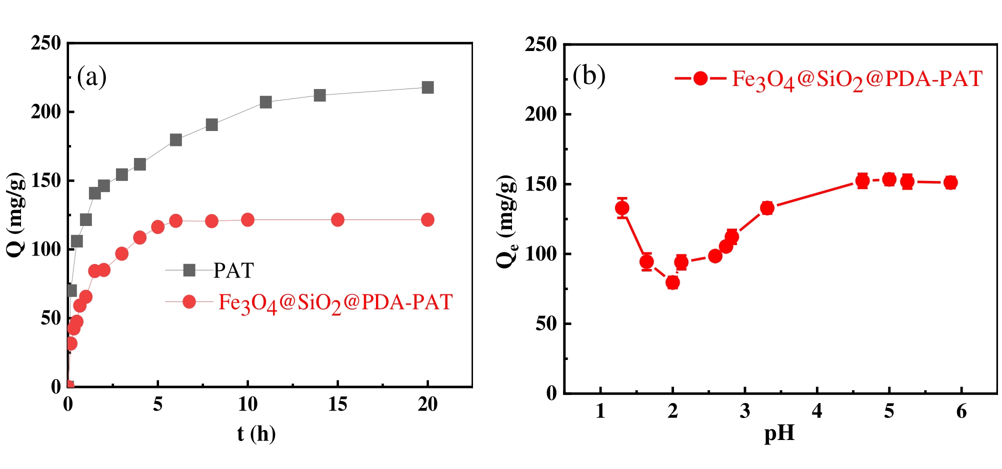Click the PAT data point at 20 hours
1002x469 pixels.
point(427,87)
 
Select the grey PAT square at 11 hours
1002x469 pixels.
point(265,102)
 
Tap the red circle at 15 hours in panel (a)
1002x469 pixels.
point(337,219)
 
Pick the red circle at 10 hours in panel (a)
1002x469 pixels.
point(247,219)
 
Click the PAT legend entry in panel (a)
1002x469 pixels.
point(233,270)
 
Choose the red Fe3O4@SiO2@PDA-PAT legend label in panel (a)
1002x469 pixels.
point(335,302)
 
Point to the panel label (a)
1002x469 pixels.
point(91,77)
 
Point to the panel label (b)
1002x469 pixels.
point(588,75)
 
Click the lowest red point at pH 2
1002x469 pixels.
point(672,282)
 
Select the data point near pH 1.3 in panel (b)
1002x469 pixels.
point(622,208)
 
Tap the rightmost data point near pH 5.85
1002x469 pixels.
point(950,182)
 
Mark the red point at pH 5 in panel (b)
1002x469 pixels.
point(889,179)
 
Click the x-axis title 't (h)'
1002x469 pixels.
point(256,433)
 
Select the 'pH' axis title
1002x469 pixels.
point(779,433)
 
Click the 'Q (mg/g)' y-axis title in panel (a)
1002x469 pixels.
point(16,215)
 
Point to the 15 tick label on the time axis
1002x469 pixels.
point(337,404)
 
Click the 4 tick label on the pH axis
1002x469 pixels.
point(817,411)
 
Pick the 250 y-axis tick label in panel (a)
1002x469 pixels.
point(45,43)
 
